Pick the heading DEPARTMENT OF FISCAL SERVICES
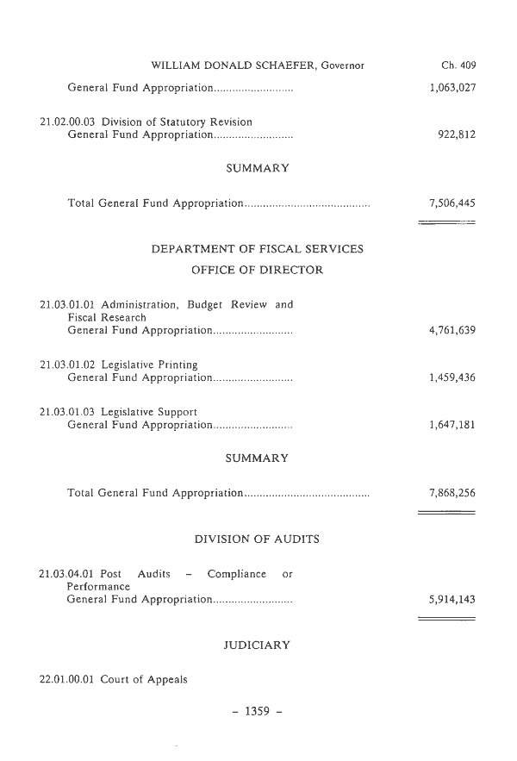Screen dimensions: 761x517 pos(257,250)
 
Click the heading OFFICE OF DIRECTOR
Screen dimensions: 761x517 pos(257,271)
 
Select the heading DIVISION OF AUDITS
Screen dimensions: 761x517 pos(257,540)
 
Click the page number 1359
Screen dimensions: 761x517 pos(257,712)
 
